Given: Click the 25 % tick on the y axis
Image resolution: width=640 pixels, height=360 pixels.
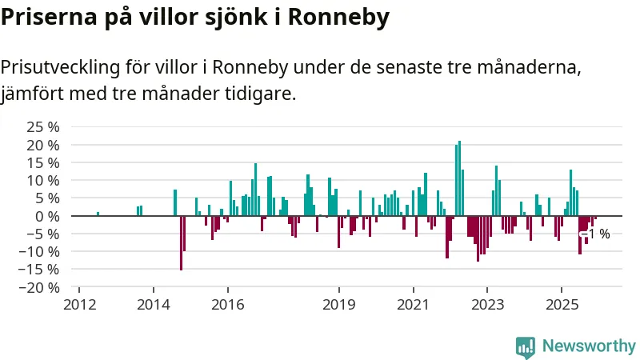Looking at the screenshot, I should [43, 127].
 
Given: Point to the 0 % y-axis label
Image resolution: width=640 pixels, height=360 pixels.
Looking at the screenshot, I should [48, 216].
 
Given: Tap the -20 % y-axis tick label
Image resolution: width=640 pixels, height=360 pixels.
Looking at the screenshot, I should [38, 287].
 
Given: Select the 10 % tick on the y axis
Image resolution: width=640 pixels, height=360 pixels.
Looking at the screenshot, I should [43, 180].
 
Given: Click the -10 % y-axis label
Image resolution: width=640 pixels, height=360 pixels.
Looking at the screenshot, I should [38, 251].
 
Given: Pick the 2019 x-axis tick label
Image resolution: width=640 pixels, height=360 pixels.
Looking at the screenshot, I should [339, 305].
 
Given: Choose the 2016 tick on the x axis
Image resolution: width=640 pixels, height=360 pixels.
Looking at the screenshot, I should [227, 305].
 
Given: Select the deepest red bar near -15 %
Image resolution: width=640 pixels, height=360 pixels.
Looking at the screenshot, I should [181, 243].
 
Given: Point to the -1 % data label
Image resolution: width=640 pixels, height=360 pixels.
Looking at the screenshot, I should [596, 234].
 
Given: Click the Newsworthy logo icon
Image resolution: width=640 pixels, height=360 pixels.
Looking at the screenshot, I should [526, 346].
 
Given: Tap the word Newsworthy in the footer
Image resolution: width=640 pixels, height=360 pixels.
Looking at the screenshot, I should [589, 346].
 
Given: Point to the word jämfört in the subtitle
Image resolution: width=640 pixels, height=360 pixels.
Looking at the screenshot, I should [32, 94].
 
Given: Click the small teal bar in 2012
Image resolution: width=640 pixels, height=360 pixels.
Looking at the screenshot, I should [98, 214].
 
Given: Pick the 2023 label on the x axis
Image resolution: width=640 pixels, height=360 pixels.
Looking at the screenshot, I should [487, 305].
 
